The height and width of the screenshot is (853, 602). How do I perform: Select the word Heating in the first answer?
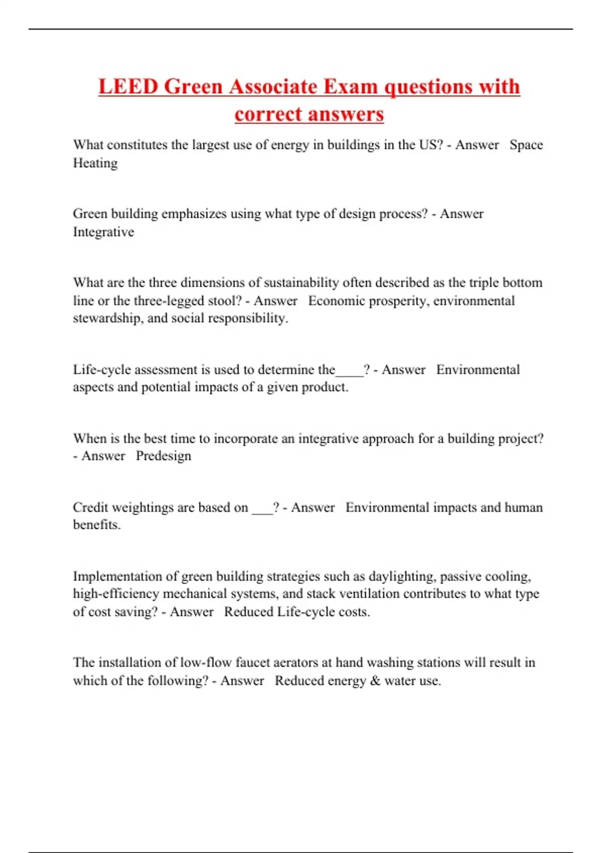click(x=95, y=163)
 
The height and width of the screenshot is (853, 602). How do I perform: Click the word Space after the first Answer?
click(x=526, y=145)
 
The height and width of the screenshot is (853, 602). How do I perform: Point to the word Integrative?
click(x=103, y=232)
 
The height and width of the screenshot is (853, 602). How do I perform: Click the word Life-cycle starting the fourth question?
click(x=102, y=370)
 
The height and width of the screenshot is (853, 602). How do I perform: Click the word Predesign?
click(x=164, y=456)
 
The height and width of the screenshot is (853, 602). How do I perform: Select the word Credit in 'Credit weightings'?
click(x=90, y=507)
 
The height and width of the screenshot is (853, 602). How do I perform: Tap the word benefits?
click(x=96, y=525)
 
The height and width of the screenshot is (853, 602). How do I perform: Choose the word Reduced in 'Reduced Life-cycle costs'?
click(x=248, y=612)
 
